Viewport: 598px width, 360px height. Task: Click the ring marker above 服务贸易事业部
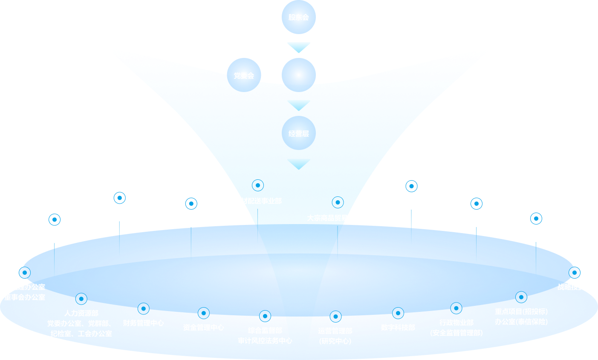click(55, 219)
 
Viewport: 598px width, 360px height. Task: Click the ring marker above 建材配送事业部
click(258, 185)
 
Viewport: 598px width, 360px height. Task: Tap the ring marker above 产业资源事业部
click(411, 186)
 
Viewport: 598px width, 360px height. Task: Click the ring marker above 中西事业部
click(536, 219)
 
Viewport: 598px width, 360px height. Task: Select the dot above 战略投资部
click(575, 273)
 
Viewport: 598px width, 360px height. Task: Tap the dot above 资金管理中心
click(203, 313)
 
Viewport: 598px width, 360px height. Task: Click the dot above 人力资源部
click(81, 299)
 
